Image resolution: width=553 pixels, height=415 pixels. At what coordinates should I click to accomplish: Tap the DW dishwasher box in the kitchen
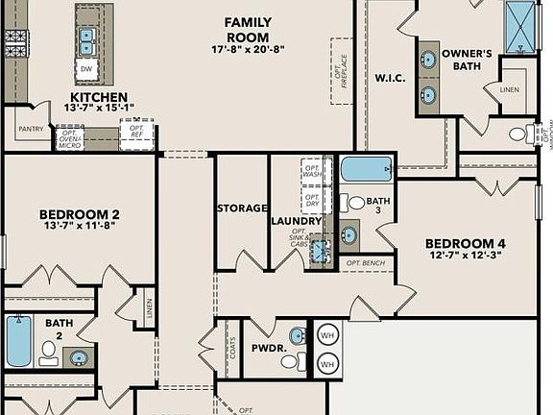pos(86,70)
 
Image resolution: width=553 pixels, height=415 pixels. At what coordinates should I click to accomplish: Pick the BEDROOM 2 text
pos(80,220)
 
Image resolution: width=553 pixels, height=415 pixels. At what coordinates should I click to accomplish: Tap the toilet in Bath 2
pos(48,354)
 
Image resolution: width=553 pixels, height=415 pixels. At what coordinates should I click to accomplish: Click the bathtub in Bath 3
pos(366,169)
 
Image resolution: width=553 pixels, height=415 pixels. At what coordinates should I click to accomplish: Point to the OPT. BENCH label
pos(365,262)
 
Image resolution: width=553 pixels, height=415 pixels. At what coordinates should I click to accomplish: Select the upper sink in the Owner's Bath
pos(428,60)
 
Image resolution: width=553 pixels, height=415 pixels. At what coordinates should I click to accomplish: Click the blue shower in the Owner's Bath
pos(520,25)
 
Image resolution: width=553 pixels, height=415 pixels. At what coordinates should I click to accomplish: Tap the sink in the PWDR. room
pos(297,336)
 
